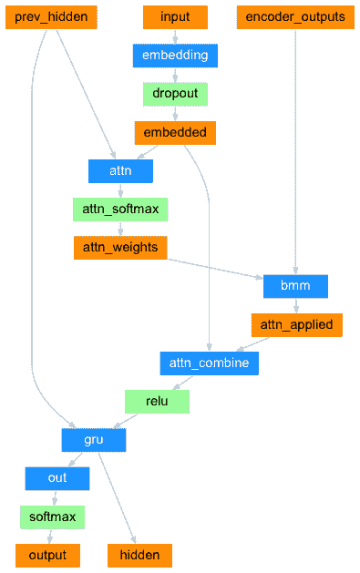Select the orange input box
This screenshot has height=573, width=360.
(175, 17)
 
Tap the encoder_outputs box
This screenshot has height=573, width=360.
(296, 17)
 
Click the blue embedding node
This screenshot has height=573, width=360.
(175, 56)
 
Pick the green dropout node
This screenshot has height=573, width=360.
(175, 94)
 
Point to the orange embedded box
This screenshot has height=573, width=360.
(175, 133)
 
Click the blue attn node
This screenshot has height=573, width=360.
(120, 171)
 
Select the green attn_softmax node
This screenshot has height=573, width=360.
(120, 210)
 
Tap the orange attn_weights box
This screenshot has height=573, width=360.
(120, 248)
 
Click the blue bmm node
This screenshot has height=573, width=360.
(295, 286)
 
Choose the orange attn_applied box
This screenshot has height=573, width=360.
(296, 324)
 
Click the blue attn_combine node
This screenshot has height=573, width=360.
(210, 363)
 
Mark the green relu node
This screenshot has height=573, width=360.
(157, 402)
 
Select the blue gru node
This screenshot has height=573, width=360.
(94, 440)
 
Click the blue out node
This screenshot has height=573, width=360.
(57, 478)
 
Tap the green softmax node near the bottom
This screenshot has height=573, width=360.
(52, 517)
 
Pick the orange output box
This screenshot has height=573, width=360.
(47, 555)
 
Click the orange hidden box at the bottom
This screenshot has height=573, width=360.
(139, 555)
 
